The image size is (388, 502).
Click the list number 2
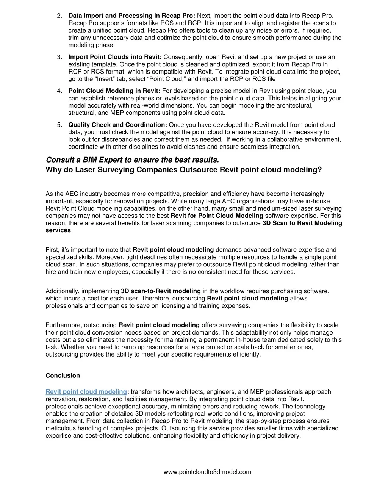click(59, 16)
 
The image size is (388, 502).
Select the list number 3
click(59, 57)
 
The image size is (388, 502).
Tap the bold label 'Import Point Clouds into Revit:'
click(115, 57)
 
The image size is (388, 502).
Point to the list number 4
click(59, 91)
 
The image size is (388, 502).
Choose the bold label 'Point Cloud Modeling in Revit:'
click(114, 91)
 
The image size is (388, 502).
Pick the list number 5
click(59, 125)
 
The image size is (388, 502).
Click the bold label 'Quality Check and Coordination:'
click(118, 125)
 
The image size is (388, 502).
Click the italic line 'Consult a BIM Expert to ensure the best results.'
click(132, 160)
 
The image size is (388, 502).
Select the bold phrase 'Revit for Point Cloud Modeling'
click(217, 216)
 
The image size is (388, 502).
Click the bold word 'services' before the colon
click(58, 230)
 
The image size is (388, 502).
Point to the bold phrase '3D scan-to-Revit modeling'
click(161, 291)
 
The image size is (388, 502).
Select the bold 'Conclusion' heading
click(63, 376)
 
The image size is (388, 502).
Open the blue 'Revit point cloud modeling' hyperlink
click(86, 392)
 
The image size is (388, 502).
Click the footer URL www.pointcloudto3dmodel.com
click(207, 472)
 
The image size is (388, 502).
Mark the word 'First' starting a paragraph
click(52, 250)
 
